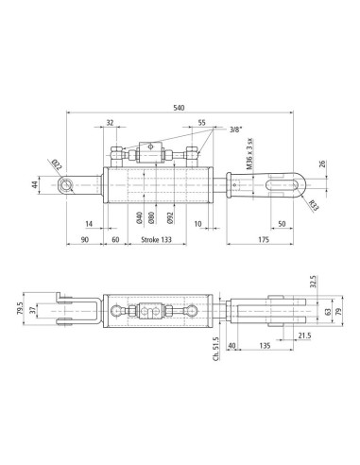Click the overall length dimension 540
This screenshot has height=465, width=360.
(x=179, y=108)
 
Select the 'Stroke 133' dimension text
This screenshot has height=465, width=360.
(x=156, y=239)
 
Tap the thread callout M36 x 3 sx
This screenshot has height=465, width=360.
(x=249, y=154)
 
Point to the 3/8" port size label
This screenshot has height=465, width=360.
(x=236, y=129)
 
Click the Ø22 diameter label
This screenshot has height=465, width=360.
(x=57, y=165)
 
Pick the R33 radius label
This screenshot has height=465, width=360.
(x=314, y=205)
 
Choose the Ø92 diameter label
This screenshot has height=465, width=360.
(x=170, y=217)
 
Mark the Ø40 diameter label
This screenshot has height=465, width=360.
(x=140, y=217)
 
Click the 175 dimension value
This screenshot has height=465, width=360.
(x=264, y=239)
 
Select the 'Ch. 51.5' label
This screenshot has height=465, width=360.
(x=216, y=349)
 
